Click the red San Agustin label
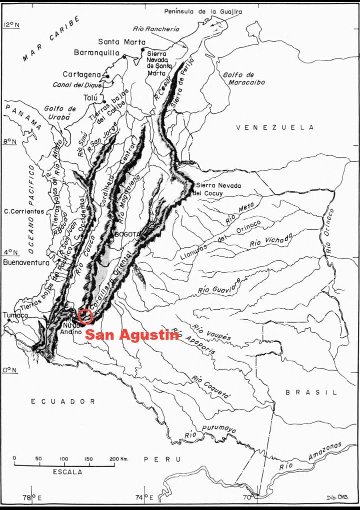[131, 335]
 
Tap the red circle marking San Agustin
[85, 316]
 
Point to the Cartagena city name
[82, 74]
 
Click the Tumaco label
[15, 315]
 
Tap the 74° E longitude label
[146, 497]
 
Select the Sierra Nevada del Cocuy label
[218, 189]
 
